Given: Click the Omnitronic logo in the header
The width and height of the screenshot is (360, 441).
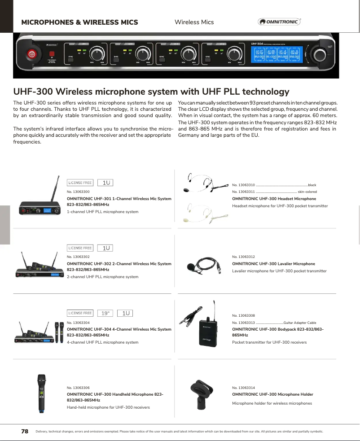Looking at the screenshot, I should (x=279, y=22).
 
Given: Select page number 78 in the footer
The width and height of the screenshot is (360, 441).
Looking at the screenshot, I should (x=25, y=432).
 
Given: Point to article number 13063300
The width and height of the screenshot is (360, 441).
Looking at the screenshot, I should (x=78, y=192).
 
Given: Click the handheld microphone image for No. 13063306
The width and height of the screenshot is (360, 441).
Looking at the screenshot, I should (x=42, y=393).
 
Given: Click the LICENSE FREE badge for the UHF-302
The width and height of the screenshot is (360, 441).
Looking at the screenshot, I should (x=80, y=248).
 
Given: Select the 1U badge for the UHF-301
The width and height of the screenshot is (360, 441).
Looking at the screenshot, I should (x=106, y=183).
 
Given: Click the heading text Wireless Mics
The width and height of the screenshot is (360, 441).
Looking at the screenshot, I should (x=194, y=22).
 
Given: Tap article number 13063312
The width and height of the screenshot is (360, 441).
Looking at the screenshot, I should (x=243, y=257).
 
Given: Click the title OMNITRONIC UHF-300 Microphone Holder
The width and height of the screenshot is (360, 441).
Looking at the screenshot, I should (x=272, y=394).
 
